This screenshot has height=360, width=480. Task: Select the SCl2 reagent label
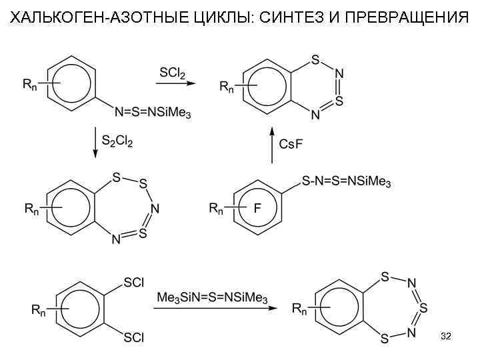pyautogui.click(x=172, y=72)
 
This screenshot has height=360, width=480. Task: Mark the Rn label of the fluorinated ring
pyautogui.click(x=217, y=209)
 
